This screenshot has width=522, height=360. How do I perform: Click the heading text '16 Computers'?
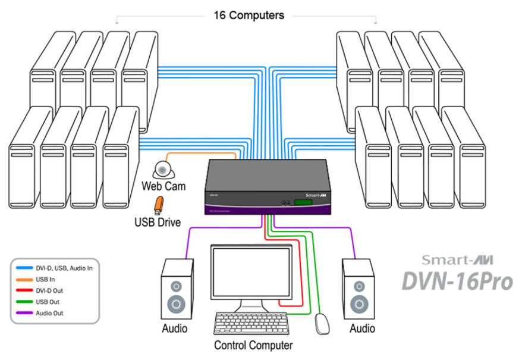coord(249,15)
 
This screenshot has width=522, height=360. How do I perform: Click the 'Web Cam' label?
coord(163,186)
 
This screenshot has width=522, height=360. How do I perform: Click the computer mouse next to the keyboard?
coord(322,323)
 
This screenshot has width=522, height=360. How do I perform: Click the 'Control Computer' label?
coord(253,345)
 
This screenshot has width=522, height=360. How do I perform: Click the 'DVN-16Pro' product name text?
coord(457,280)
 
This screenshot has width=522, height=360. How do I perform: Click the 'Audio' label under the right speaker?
coord(362,328)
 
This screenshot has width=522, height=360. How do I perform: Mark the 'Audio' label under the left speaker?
coord(175,328)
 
